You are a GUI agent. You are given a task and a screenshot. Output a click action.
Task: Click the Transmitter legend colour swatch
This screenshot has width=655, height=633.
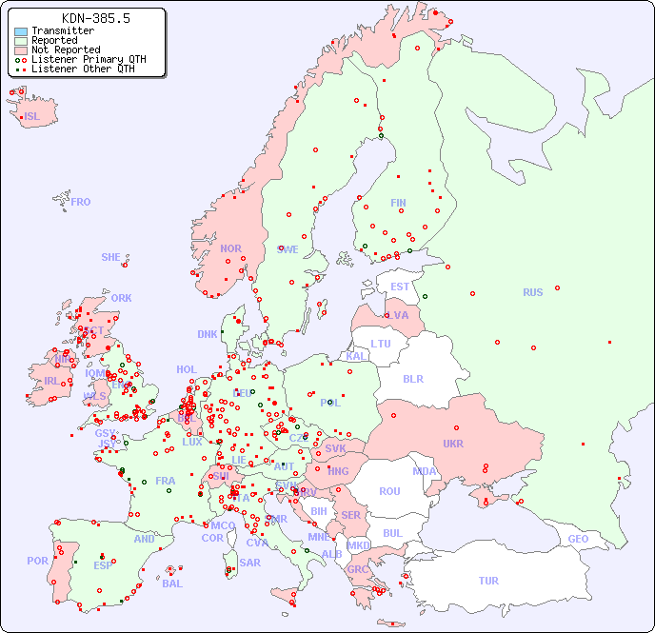click(21, 31)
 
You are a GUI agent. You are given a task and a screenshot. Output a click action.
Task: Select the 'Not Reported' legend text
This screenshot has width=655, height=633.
click(66, 49)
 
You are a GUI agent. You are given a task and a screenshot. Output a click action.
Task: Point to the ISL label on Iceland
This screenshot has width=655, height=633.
click(32, 117)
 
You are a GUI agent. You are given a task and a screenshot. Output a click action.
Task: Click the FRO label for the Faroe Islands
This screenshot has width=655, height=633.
click(81, 202)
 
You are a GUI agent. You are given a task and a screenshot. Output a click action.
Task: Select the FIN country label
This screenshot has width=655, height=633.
click(398, 203)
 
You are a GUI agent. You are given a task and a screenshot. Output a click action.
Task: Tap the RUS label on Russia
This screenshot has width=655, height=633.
click(532, 292)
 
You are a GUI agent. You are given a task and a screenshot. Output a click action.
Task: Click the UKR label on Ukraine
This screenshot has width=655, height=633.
click(452, 444)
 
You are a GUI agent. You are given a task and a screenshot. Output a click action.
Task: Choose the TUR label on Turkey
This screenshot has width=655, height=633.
click(488, 581)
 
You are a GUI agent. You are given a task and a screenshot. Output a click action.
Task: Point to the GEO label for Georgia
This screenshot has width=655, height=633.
click(578, 539)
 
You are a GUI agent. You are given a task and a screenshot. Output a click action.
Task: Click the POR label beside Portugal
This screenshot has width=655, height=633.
click(37, 561)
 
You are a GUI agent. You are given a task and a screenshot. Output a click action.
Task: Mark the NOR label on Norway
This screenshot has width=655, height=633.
click(230, 248)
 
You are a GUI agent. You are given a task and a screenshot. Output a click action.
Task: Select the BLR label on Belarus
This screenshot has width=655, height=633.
click(412, 378)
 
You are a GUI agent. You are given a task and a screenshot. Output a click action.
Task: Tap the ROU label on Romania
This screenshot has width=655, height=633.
click(389, 491)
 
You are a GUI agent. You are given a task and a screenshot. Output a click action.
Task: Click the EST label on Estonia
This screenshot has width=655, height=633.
click(400, 287)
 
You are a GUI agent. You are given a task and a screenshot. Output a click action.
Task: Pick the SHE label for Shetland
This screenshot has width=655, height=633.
click(111, 257)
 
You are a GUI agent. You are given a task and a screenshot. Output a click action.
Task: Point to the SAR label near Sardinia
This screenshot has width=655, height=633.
click(249, 563)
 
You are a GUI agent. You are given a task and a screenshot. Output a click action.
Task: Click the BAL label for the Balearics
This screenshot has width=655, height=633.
click(171, 584)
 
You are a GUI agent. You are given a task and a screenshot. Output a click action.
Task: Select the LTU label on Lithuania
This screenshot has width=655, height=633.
click(381, 344)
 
